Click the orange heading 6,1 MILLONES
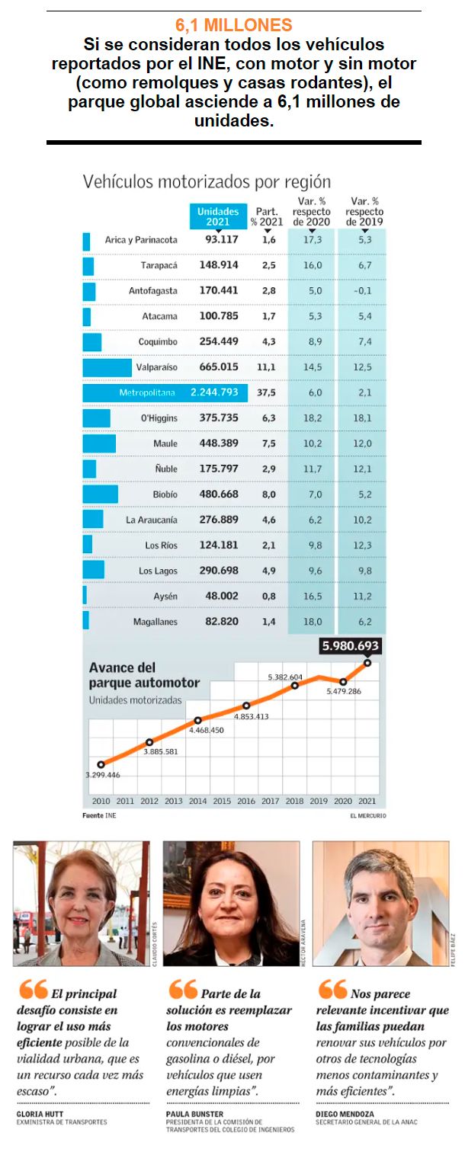tap(233, 25)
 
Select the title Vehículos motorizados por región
tap(207, 181)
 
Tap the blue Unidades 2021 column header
tap(217, 216)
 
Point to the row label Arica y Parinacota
tap(141, 240)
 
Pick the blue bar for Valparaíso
tap(97, 367)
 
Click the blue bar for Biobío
tap(100, 494)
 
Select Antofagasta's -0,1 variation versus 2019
tap(364, 291)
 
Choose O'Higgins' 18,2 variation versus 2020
tap(313, 418)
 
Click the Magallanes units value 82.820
tap(222, 622)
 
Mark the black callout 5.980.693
tap(351, 646)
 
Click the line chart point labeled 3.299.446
tap(101, 763)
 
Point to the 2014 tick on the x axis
tap(197, 801)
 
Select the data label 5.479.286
tap(343, 691)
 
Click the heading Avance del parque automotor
tap(144, 675)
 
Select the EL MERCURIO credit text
tap(367, 816)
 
